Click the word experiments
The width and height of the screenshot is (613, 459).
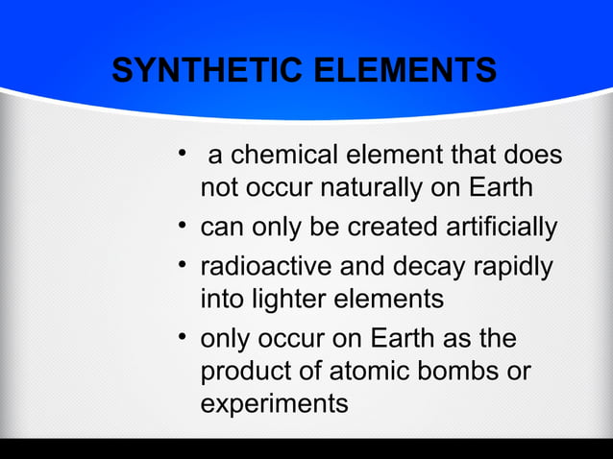[274, 404]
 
